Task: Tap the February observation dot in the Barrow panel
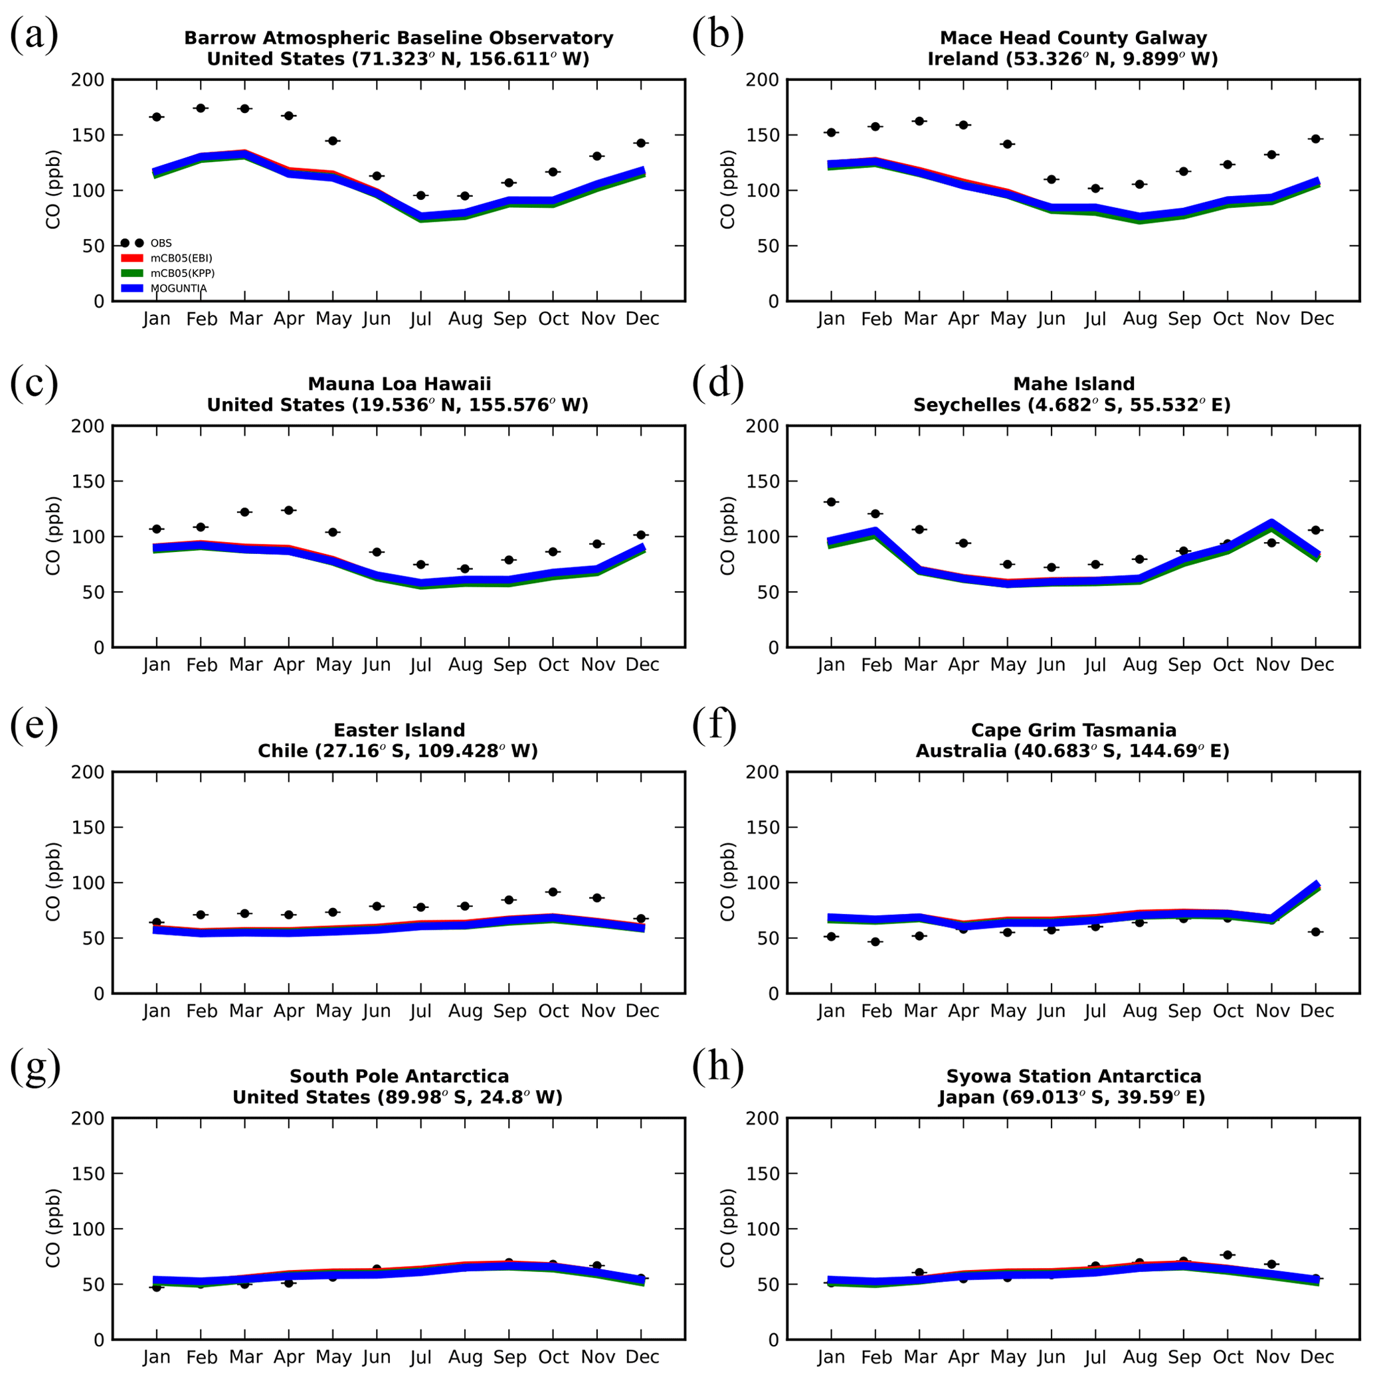click(x=201, y=108)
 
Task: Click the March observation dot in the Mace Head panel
click(x=920, y=121)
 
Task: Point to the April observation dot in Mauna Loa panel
click(x=288, y=510)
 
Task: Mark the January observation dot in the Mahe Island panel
click(x=831, y=502)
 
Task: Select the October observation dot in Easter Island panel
click(x=553, y=892)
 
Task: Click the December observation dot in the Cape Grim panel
click(x=1316, y=932)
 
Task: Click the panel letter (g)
click(x=35, y=1067)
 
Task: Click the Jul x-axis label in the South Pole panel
click(x=421, y=1357)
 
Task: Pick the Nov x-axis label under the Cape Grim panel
click(x=1272, y=1011)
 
